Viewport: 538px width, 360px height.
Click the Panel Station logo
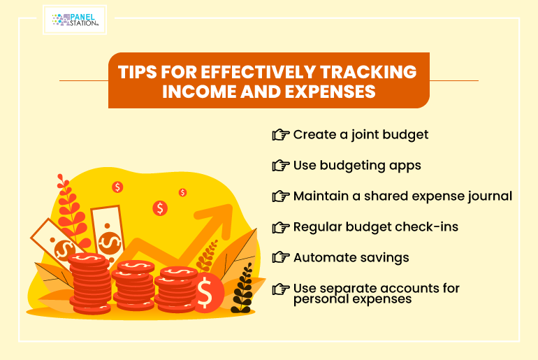75,20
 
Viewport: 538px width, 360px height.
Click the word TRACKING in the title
368,72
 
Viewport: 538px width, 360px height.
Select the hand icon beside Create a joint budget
281,135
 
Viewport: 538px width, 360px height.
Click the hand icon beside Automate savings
281,257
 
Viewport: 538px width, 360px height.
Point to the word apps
405,166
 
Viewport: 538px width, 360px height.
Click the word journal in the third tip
493,196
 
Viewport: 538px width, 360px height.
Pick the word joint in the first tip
365,135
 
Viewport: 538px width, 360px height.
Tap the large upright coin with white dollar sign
207,293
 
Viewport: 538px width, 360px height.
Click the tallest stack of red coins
90,284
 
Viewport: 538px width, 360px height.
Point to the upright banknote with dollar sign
108,233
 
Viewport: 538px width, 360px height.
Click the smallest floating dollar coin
182,192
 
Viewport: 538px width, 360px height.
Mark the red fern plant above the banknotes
71,209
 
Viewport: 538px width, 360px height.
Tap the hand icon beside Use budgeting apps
281,166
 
